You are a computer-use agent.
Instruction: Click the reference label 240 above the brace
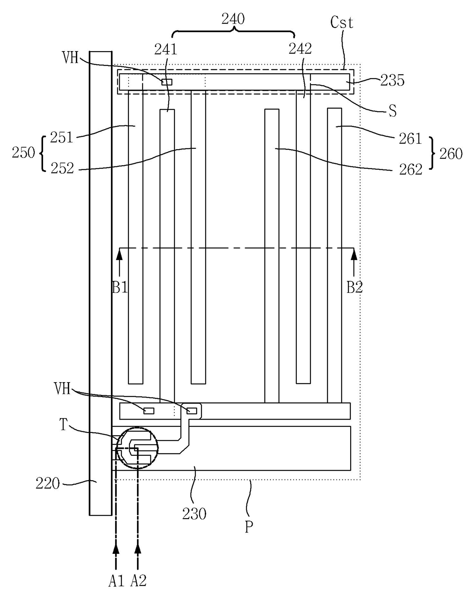pyautogui.click(x=233, y=19)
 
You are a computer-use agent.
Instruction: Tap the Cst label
pyautogui.click(x=341, y=23)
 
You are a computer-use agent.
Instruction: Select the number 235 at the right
pyautogui.click(x=392, y=80)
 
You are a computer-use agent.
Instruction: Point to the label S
pyautogui.click(x=393, y=111)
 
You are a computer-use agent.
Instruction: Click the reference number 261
pyautogui.click(x=410, y=138)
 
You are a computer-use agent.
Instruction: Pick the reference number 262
pyautogui.click(x=410, y=169)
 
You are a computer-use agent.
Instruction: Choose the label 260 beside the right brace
pyautogui.click(x=451, y=154)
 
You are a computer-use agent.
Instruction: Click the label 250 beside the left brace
pyautogui.click(x=23, y=153)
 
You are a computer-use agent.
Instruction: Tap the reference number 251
pyautogui.click(x=61, y=137)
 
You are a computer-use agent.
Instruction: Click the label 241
pyautogui.click(x=166, y=49)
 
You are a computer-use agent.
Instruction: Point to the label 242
pyautogui.click(x=300, y=48)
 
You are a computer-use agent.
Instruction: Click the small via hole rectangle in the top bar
pyautogui.click(x=167, y=82)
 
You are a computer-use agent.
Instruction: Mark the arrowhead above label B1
pyautogui.click(x=120, y=254)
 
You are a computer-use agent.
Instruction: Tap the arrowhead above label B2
pyautogui.click(x=354, y=254)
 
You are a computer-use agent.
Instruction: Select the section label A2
pyautogui.click(x=138, y=581)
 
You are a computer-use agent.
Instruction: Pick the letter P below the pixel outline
pyautogui.click(x=249, y=527)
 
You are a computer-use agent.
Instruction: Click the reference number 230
pyautogui.click(x=194, y=514)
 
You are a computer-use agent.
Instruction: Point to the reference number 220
pyautogui.click(x=48, y=484)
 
